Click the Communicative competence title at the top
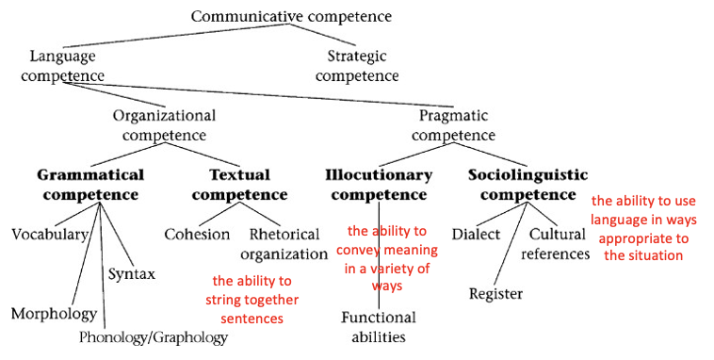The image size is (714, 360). click(290, 16)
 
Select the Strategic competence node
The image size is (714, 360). click(357, 65)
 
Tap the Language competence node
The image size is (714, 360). click(63, 65)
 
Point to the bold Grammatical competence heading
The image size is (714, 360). click(90, 184)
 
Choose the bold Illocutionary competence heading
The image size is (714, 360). click(379, 184)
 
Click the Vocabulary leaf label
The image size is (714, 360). click(50, 234)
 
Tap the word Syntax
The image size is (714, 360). click(131, 273)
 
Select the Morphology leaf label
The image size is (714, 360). click(54, 312)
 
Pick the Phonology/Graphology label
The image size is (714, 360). click(154, 336)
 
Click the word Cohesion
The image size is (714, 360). click(196, 234)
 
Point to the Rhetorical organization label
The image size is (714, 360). click(288, 243)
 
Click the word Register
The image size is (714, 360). click(495, 293)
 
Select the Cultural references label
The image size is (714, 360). click(559, 243)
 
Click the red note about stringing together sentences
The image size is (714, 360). click(252, 300)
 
